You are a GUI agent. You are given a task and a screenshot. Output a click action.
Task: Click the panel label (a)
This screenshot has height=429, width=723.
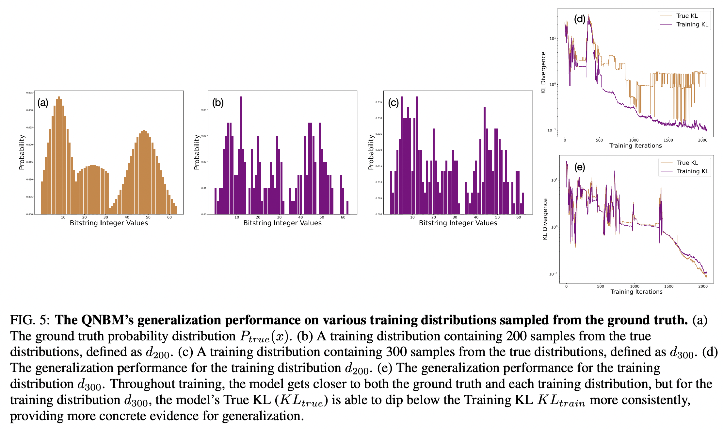point(43,103)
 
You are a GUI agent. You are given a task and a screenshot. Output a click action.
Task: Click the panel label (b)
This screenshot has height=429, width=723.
point(218,103)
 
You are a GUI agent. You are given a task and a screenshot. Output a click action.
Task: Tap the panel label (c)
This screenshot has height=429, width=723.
point(393,103)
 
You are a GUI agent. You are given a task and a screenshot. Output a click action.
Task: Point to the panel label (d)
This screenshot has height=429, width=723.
point(580,19)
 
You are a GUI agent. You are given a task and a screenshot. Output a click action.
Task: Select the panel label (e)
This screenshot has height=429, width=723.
point(580,167)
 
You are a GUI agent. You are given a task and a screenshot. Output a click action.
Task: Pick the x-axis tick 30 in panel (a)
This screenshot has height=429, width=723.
point(105,217)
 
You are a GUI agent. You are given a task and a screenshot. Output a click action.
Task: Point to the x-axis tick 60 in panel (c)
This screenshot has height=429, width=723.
point(519,217)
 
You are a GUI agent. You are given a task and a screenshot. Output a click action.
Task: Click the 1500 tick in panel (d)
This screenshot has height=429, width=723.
point(668,140)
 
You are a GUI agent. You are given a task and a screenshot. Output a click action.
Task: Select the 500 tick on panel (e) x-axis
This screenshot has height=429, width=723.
point(600,286)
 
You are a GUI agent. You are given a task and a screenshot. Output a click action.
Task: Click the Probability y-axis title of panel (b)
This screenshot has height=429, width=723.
point(197,152)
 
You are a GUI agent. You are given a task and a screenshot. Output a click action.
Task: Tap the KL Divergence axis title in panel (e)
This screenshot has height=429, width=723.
point(545,219)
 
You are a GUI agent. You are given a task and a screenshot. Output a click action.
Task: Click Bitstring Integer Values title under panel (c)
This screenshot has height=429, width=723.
point(458,223)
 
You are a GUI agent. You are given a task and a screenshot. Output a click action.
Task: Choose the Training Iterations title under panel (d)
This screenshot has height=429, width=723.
point(635,146)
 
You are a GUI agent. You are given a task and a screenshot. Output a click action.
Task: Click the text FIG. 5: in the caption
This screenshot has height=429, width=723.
point(30,320)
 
